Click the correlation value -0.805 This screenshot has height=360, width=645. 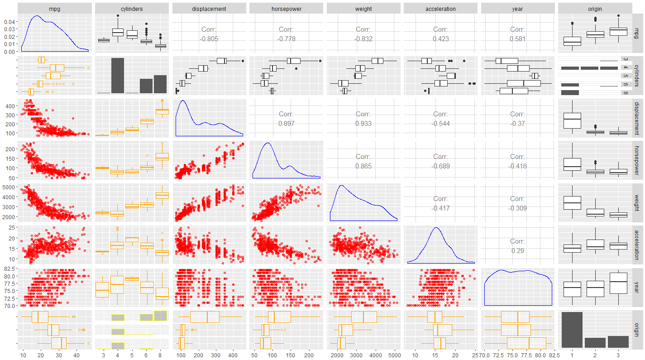tap(209, 39)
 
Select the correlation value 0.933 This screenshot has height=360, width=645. tap(363, 124)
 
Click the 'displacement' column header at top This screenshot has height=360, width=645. tap(209, 9)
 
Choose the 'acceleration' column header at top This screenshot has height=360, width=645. tap(440, 9)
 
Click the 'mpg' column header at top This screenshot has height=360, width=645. tap(55, 9)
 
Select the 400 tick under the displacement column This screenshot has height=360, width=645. tap(233, 355)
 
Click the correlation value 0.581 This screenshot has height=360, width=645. tap(517, 39)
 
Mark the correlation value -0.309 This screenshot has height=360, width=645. tap(517, 208)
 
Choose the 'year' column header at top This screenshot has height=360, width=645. tap(517, 9)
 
